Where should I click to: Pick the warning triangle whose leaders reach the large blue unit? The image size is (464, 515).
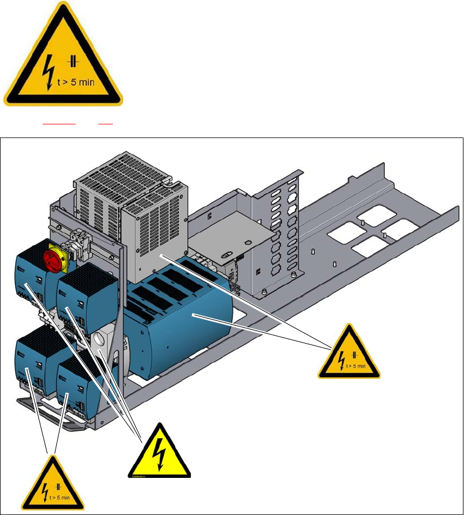pyautogui.click(x=349, y=355)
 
